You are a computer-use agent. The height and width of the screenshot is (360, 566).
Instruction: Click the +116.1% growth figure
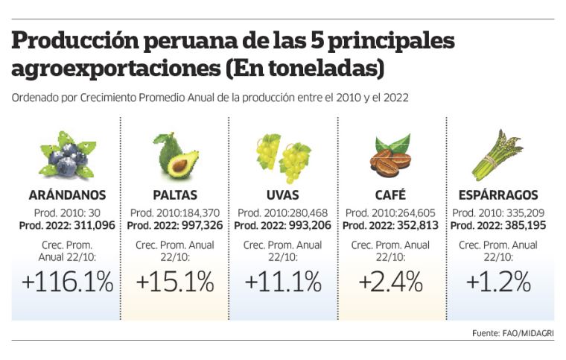[x=67, y=282]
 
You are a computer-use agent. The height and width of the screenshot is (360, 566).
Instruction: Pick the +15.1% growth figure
[x=175, y=282]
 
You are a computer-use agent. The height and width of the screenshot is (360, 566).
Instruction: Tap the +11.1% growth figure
[x=283, y=282]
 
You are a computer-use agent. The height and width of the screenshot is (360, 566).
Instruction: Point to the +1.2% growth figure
[x=498, y=282]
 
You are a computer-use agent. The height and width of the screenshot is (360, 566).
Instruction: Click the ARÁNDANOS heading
[x=67, y=196]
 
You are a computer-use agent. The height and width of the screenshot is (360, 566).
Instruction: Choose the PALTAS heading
[x=175, y=196]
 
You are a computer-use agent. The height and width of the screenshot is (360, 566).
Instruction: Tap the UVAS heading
[x=283, y=196]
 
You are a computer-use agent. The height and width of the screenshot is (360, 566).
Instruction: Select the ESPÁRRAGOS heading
[x=498, y=196]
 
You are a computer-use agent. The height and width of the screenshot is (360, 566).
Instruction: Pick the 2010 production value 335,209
[x=518, y=212]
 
